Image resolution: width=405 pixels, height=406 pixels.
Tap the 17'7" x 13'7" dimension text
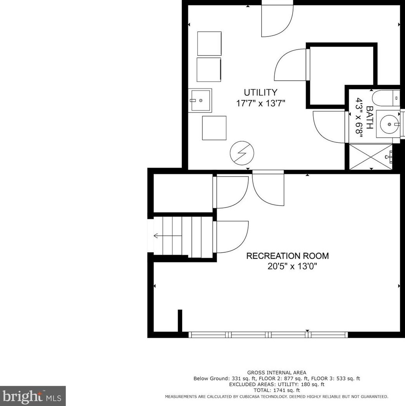pos(260,104)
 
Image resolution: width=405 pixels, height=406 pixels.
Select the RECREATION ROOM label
pos(288,256)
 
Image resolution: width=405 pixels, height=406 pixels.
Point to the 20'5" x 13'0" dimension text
pos(292,266)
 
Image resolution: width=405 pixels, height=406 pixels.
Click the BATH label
pos(370,118)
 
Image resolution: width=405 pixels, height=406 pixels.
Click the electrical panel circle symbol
pos(242,153)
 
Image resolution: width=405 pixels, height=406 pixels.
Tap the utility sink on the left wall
pos(200,101)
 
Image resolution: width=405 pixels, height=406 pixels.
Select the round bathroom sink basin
pos(389,124)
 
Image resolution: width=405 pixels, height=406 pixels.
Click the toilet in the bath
pos(386,98)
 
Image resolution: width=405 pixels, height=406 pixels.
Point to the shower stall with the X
pos(371,157)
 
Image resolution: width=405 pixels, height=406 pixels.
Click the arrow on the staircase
pos(168,236)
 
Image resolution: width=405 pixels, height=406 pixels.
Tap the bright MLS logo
pos(33,396)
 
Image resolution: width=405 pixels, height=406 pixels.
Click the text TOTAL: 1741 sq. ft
pos(277,390)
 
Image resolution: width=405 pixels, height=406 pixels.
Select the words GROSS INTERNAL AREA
pos(277,373)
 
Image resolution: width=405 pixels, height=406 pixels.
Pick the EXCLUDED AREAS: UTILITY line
pos(277,385)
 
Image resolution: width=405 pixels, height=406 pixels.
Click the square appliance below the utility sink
pos(214,128)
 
